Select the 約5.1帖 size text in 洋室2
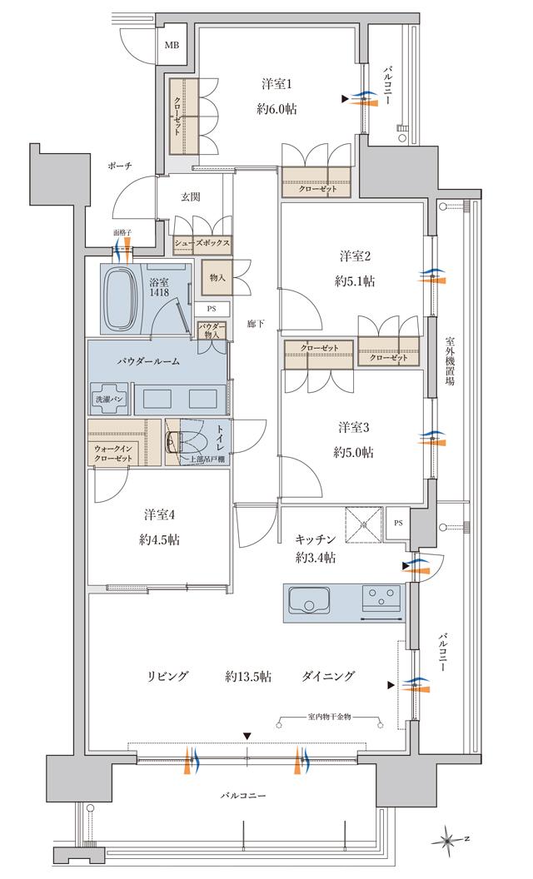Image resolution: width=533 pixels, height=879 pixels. [356, 281]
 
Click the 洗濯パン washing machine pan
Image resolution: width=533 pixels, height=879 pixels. [110, 398]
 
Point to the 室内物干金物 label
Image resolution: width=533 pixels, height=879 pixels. [328, 717]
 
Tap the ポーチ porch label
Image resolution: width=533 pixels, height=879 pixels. [119, 166]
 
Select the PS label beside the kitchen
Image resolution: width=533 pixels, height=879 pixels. [398, 523]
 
